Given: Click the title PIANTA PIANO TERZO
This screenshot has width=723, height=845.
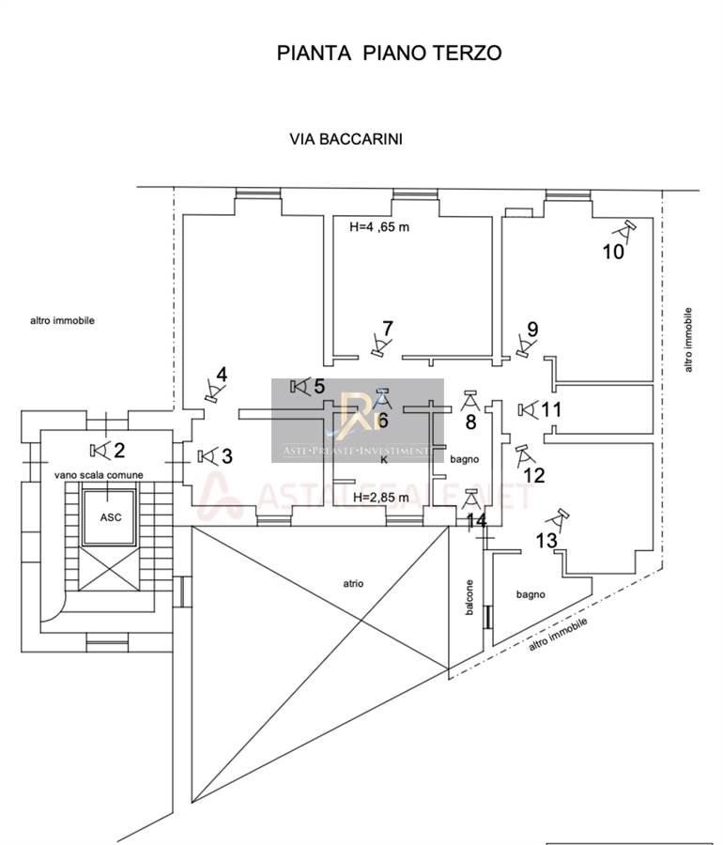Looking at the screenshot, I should click(389, 53).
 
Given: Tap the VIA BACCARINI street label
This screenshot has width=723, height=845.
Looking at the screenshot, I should click(346, 139).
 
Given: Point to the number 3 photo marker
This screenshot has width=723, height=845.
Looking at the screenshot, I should click(226, 456).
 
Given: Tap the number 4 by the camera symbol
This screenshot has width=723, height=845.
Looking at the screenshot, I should click(222, 376).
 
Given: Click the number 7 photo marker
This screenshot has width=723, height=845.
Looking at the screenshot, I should click(387, 330).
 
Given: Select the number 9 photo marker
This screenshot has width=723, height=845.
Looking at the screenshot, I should click(532, 330).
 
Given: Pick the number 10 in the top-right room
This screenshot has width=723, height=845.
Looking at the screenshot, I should click(612, 251).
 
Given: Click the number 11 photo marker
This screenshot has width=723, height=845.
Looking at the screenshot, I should click(552, 409).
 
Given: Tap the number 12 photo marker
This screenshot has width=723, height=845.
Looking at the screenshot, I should click(533, 475).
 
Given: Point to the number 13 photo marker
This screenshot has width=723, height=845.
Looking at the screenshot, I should click(546, 541).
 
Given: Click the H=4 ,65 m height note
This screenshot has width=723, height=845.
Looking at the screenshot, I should click(379, 226).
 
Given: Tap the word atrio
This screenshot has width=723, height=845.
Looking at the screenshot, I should click(353, 584).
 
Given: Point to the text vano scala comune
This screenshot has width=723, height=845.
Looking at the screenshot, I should click(99, 475).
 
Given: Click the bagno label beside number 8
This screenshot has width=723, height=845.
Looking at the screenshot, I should click(465, 460).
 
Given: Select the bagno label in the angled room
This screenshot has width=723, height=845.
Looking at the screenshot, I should click(531, 594).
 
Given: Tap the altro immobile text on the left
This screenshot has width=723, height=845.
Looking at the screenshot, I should click(62, 320).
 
